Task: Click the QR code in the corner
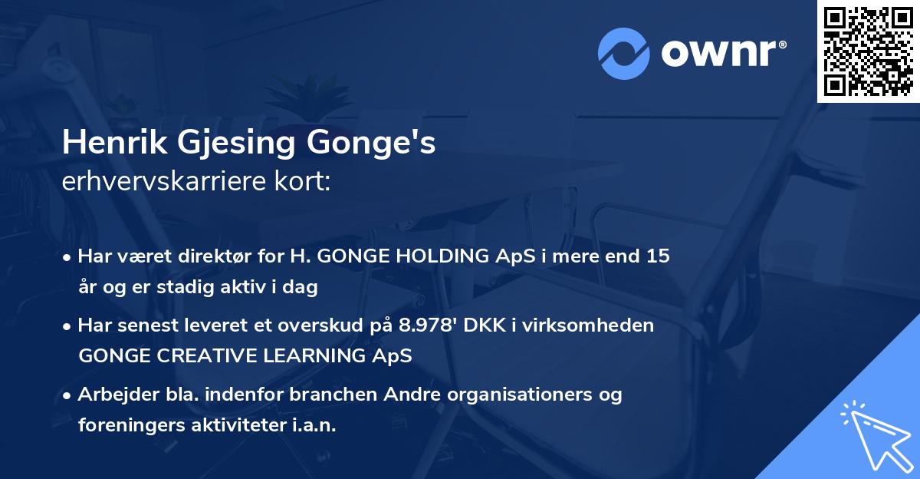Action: coord(868,51)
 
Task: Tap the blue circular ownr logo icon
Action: coord(624,54)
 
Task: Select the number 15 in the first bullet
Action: coord(658,256)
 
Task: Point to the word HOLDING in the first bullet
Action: coord(442,256)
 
